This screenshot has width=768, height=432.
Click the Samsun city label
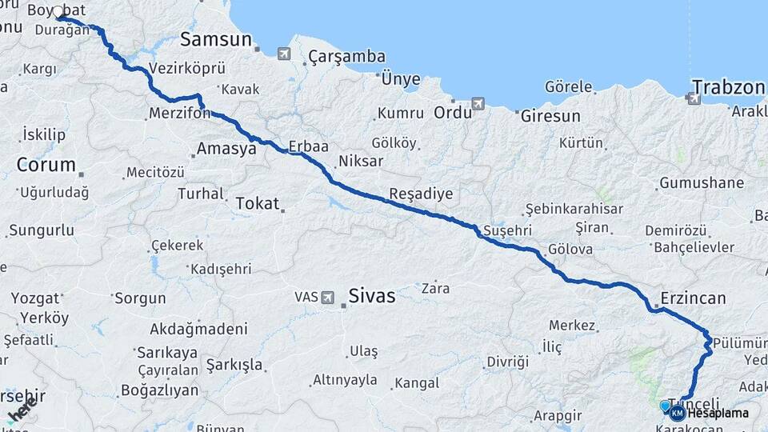point(215,39)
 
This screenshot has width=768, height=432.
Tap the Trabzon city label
point(729,86)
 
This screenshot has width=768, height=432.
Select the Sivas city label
point(371,296)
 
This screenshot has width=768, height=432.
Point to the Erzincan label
point(693,298)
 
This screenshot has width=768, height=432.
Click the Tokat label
point(257,203)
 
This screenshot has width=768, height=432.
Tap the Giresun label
point(550,116)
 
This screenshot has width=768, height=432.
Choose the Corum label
point(46,166)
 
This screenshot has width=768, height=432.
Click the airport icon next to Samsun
point(284,54)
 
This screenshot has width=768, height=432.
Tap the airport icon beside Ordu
point(478,104)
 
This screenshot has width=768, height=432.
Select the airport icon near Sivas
point(328,298)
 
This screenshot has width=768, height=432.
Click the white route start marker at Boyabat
point(58,12)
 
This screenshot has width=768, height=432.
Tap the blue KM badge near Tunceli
point(677,413)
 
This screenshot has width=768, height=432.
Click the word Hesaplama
point(718,414)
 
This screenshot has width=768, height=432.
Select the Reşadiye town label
point(421,194)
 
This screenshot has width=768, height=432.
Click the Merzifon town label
point(179,114)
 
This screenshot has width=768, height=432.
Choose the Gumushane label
point(702,183)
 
